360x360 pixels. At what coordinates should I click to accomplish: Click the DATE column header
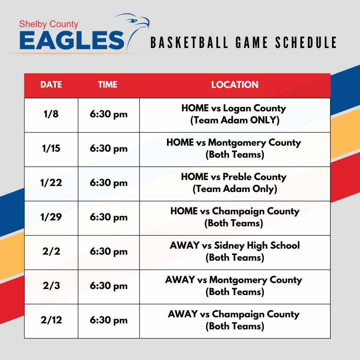(51, 84)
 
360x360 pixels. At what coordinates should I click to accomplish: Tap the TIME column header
(107, 84)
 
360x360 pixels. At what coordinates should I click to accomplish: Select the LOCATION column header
(235, 84)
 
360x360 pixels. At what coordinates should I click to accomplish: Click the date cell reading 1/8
(51, 114)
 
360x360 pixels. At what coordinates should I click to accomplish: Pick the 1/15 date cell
(51, 148)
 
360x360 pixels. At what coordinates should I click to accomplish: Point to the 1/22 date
(51, 183)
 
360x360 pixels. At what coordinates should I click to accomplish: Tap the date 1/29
(51, 217)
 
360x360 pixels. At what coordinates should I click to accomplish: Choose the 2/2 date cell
(51, 251)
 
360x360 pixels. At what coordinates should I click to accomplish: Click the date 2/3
(51, 286)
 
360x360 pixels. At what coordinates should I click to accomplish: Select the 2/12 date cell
(51, 320)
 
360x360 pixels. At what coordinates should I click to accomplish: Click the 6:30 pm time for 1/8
(109, 114)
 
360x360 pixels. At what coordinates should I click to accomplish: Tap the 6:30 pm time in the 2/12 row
(109, 320)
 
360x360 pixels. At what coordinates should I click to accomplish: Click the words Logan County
(255, 108)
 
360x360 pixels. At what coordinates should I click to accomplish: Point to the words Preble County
(254, 177)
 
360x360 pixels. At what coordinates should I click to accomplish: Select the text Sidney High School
(257, 246)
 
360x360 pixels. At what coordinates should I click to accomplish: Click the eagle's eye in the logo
(132, 21)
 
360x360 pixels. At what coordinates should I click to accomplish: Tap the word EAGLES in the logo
(72, 40)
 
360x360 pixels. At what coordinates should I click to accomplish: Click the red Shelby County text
(49, 24)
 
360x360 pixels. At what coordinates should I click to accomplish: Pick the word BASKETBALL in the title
(189, 42)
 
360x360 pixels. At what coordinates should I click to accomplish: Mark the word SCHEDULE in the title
(306, 42)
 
